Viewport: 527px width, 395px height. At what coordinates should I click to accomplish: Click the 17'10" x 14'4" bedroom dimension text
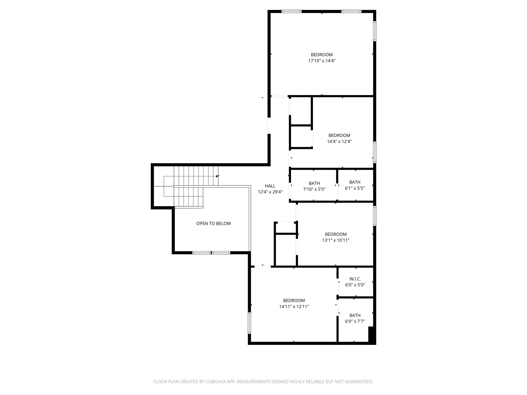click(322, 61)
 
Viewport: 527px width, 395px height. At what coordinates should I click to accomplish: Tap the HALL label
click(270, 186)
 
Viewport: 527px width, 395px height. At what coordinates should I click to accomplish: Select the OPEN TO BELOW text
click(214, 223)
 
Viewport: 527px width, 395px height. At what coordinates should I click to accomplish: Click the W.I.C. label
click(355, 279)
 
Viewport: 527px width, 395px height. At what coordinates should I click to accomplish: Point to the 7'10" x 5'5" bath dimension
click(314, 189)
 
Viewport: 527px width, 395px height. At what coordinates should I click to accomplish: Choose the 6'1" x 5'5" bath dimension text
click(355, 188)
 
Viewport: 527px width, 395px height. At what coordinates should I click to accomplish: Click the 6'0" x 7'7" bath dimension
click(355, 321)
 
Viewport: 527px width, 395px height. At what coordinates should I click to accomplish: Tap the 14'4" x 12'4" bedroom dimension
click(339, 141)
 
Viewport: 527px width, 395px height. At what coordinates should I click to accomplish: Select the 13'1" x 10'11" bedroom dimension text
click(336, 240)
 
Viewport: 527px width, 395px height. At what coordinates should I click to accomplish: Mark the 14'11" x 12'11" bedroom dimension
click(294, 307)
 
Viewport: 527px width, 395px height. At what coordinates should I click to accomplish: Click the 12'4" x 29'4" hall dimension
click(270, 192)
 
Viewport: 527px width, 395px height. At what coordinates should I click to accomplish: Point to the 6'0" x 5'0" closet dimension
click(355, 285)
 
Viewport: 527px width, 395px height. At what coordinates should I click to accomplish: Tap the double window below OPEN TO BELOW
click(211, 253)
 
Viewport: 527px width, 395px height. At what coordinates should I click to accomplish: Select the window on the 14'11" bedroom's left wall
click(249, 323)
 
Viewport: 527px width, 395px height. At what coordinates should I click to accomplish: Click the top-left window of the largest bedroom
click(291, 11)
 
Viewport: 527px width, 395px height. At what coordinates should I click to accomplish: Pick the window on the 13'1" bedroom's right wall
click(375, 216)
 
